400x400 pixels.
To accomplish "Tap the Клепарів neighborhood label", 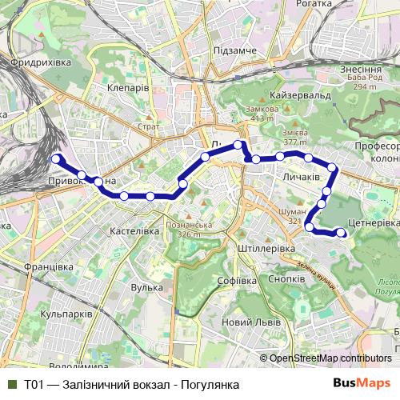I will tap(127, 88).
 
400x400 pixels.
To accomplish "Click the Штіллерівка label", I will tap(267, 249).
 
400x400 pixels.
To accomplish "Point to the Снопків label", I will tap(286, 278).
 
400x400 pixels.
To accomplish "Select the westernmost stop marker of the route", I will tap(57, 159).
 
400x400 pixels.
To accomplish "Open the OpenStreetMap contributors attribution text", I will tap(330, 358).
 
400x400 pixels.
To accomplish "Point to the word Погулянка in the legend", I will tap(210, 385).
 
